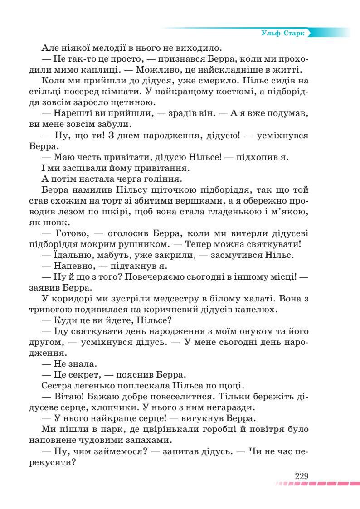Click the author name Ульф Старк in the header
pos(283,34)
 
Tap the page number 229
pos(302,476)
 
